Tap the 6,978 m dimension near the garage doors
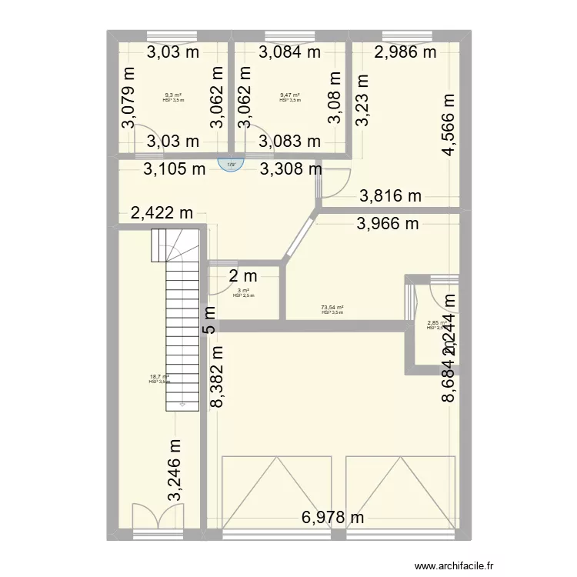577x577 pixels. (x=332, y=518)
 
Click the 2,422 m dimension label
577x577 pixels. (x=162, y=213)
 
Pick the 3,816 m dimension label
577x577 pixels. (x=392, y=196)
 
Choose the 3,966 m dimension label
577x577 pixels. (x=387, y=224)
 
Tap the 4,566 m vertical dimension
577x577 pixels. (x=449, y=125)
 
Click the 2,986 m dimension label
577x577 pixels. (x=405, y=52)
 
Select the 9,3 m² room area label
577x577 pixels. (x=173, y=95)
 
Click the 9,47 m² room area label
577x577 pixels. (x=290, y=95)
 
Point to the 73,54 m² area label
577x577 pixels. (x=332, y=308)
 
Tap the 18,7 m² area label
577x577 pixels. (x=159, y=377)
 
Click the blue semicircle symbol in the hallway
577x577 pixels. (x=230, y=164)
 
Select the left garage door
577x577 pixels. (x=276, y=492)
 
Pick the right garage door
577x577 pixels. (x=401, y=492)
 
